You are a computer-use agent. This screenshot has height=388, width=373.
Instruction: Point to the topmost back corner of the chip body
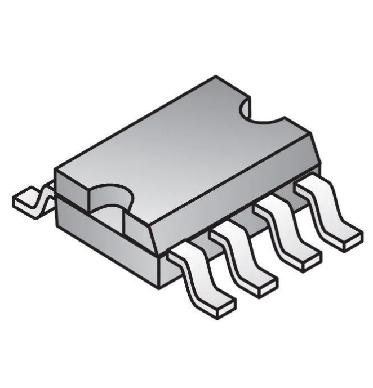click(217, 77)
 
